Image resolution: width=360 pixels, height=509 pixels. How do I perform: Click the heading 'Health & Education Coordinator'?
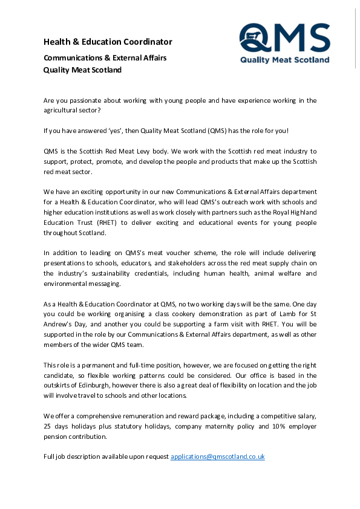[108, 42]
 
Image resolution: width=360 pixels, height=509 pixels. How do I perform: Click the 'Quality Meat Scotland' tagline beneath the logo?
[285, 60]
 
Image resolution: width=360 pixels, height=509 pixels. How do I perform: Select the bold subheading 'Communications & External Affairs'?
[105, 58]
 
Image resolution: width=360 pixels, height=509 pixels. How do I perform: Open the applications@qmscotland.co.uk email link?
[218, 456]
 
